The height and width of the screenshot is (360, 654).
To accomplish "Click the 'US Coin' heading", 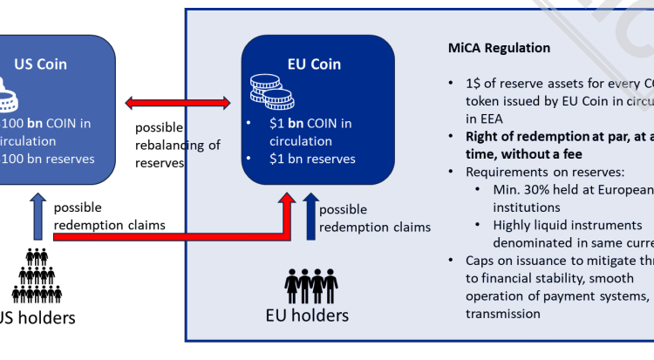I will tap(40, 64).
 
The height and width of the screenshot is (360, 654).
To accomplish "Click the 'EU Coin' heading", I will tap(313, 64).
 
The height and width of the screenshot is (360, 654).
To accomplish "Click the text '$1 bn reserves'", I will tap(312, 160).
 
